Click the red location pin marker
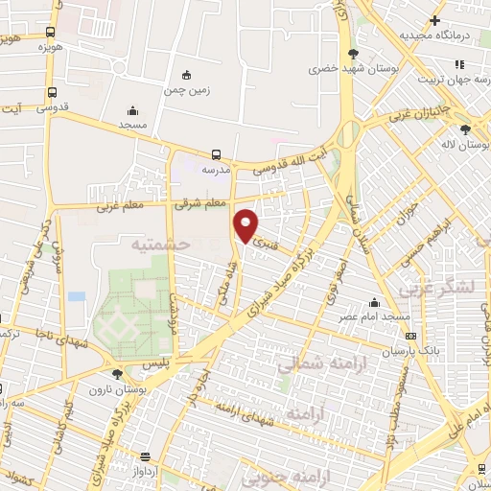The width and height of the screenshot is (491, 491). (x=246, y=225)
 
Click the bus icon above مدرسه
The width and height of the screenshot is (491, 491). (x=216, y=153)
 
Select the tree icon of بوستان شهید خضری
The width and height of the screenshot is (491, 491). (x=354, y=53)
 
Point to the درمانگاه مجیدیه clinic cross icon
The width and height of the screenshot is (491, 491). (x=434, y=19)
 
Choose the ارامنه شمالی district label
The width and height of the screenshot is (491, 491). (x=310, y=365)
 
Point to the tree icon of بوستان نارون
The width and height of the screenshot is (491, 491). (x=117, y=374)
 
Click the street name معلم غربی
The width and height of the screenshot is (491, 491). (x=117, y=206)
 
